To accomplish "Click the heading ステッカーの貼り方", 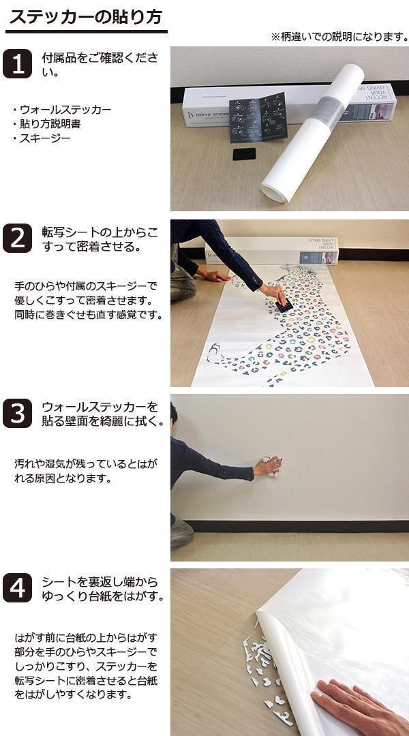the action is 87,17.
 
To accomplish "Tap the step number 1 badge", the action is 17,64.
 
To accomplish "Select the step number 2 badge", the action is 17,238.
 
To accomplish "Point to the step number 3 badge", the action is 17,413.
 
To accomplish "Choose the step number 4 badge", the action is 17,587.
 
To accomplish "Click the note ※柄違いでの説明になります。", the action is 339,37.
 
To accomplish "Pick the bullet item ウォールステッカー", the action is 62,110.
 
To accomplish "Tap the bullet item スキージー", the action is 42,138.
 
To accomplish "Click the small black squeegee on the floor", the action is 245,154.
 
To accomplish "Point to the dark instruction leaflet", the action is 258,117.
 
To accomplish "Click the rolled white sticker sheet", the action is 312,134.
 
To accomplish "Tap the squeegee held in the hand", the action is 284,305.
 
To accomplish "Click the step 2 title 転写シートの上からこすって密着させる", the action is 100,239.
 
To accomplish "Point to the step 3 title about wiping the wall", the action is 103,414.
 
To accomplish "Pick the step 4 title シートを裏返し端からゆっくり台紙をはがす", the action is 103,589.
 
